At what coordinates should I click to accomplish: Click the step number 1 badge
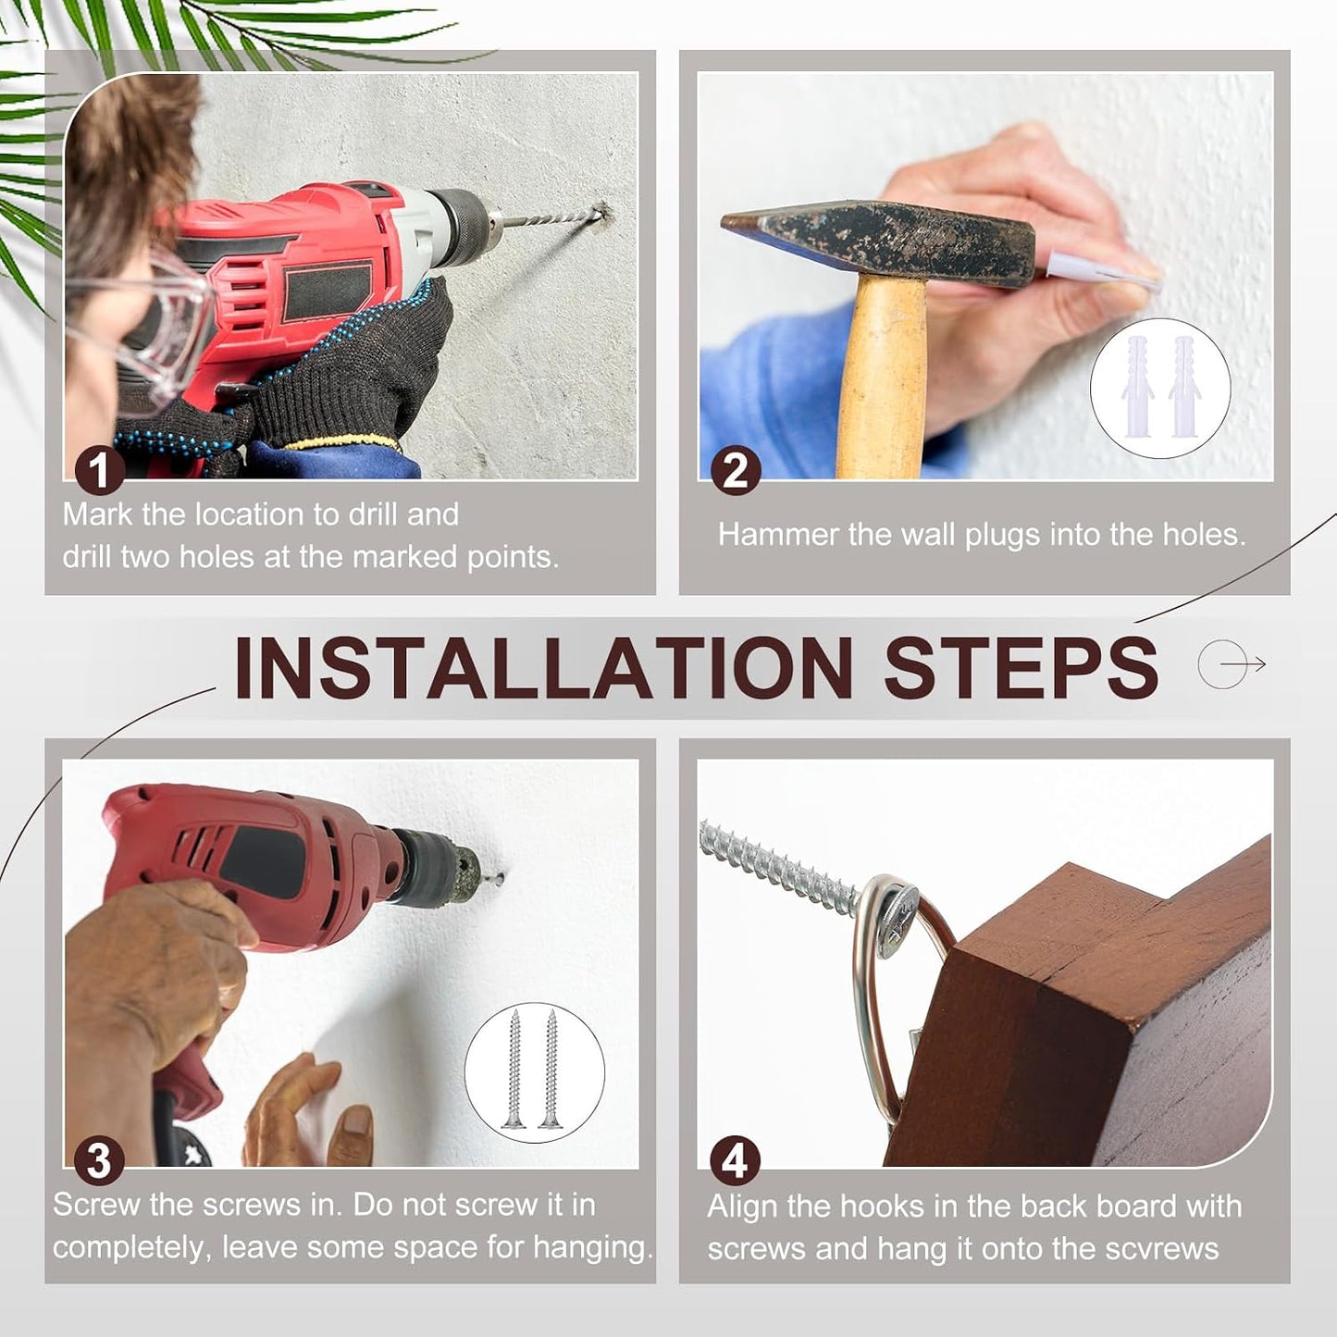pyautogui.click(x=100, y=471)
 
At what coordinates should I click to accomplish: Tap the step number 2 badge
pyautogui.click(x=736, y=472)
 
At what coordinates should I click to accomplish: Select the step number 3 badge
pyautogui.click(x=100, y=1161)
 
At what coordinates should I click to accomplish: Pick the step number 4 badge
pyautogui.click(x=736, y=1161)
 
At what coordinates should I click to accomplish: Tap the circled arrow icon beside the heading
pyautogui.click(x=1231, y=664)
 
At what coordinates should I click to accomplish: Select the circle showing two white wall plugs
pyautogui.click(x=1160, y=388)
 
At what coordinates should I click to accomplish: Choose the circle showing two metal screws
pyautogui.click(x=534, y=1072)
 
